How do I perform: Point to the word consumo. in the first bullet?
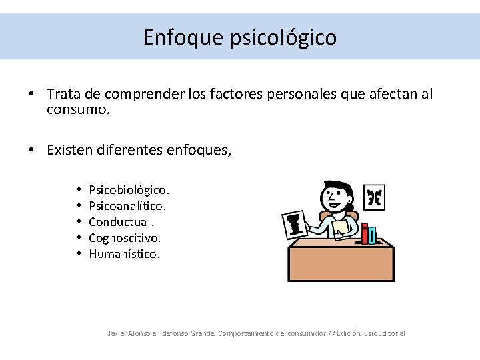[x=78, y=109]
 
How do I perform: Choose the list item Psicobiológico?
[x=129, y=191]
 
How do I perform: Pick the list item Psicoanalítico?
[x=127, y=207]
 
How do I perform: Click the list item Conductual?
[x=121, y=222]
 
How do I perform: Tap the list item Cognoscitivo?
[x=125, y=238]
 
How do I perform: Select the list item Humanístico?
[x=124, y=254]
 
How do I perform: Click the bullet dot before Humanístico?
[x=79, y=254]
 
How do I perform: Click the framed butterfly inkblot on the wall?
[x=375, y=197]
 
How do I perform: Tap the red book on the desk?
[x=365, y=233]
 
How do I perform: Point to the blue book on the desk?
[x=372, y=235]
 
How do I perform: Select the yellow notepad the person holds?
[x=341, y=227]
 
